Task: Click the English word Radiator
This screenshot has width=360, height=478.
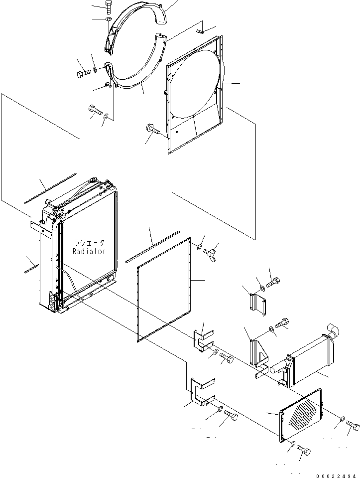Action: (89, 251)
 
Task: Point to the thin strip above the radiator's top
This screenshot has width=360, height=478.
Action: (50, 188)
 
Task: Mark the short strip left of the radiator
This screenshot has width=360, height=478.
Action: (31, 269)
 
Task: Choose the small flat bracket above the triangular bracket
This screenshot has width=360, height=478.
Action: (256, 304)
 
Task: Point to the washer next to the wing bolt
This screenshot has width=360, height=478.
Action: (199, 246)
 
